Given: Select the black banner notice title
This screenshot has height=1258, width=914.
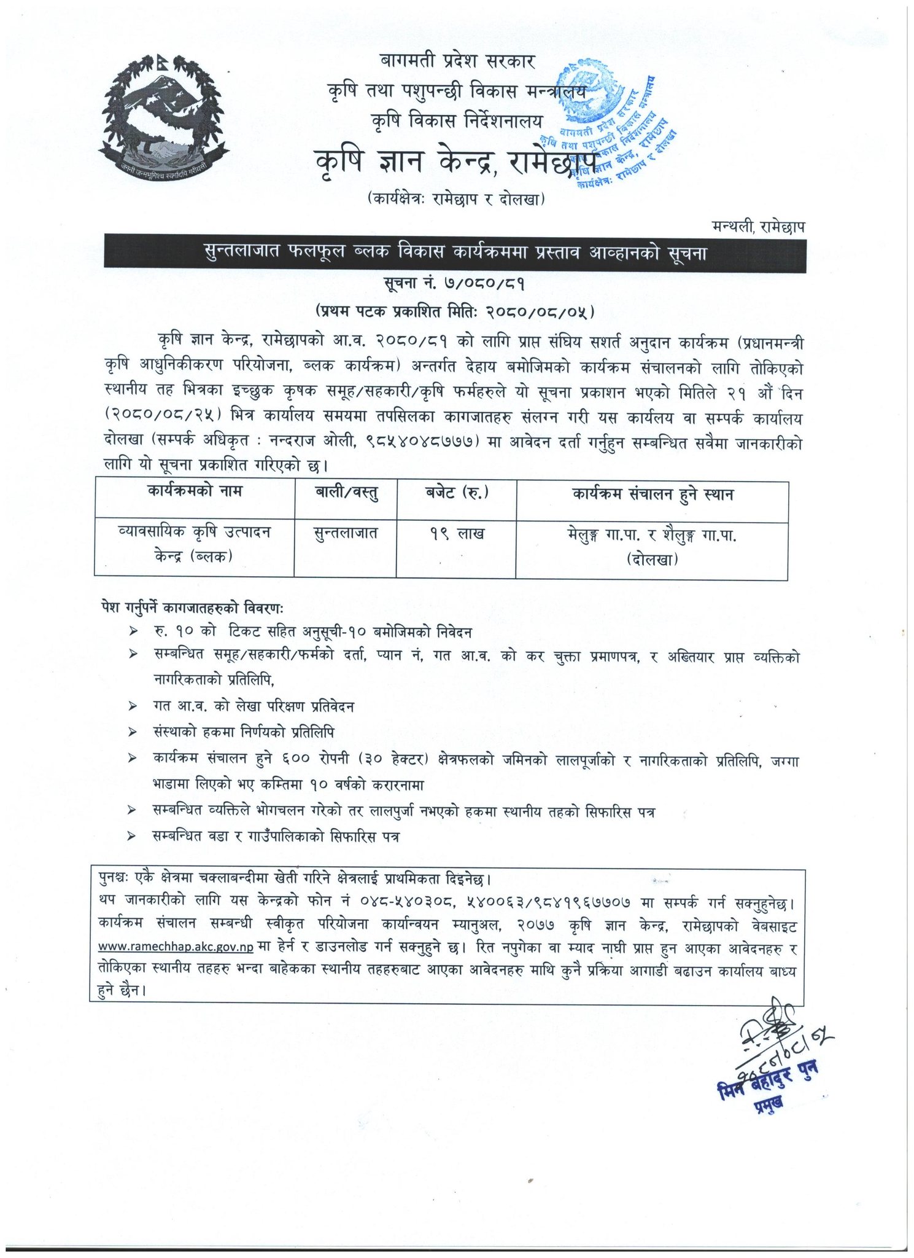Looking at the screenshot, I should (455, 253).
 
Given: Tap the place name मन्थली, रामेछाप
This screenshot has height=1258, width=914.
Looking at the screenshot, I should (758, 227).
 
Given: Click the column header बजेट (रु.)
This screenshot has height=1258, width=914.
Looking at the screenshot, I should (457, 493).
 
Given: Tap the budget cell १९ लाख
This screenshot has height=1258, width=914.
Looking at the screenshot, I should (457, 534).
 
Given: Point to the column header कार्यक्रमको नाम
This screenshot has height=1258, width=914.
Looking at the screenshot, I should (195, 491).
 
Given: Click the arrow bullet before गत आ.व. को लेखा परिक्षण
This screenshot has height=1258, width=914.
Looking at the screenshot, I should (132, 707).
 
